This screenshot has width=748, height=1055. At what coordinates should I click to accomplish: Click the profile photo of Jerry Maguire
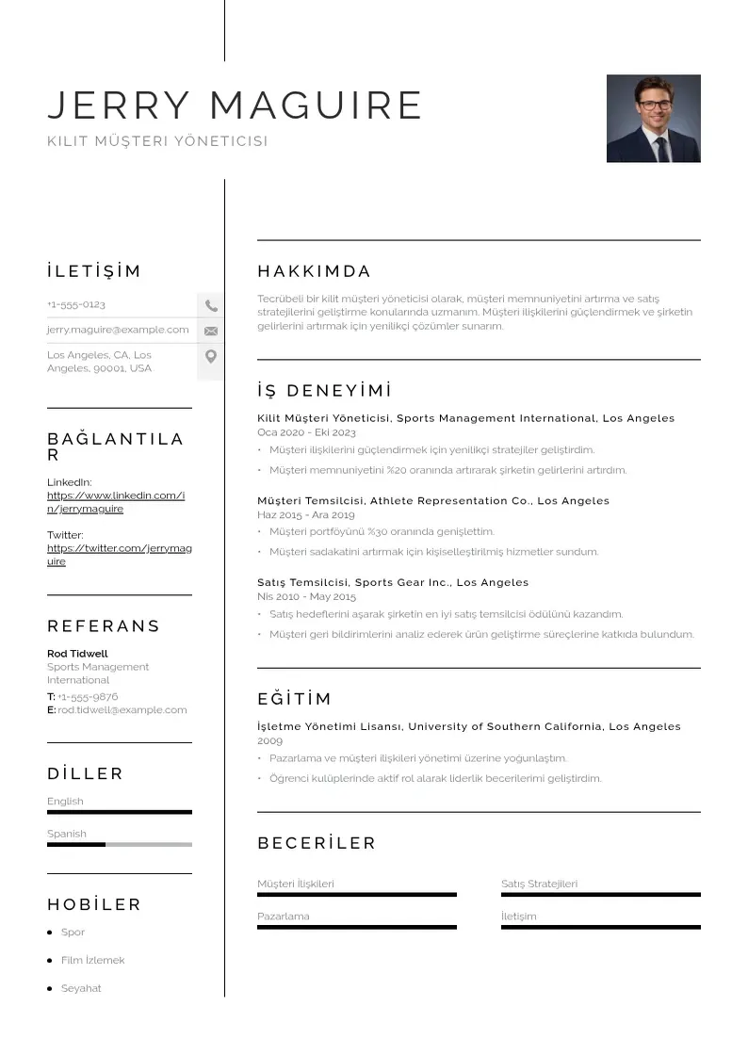pyautogui.click(x=653, y=119)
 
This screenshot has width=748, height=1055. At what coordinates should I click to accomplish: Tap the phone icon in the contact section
pyautogui.click(x=211, y=305)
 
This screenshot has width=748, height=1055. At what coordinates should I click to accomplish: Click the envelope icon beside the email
pyautogui.click(x=211, y=331)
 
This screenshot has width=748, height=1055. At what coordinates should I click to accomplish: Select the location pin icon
pyautogui.click(x=211, y=357)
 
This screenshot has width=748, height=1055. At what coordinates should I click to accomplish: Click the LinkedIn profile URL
pyautogui.click(x=115, y=502)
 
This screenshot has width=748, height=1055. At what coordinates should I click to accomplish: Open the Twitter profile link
pyautogui.click(x=119, y=555)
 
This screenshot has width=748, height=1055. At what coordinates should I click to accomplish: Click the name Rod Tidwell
pyautogui.click(x=77, y=654)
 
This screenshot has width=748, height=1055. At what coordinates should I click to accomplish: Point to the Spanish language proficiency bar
pyautogui.click(x=119, y=844)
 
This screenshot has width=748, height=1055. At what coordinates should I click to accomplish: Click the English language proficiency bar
pyautogui.click(x=119, y=812)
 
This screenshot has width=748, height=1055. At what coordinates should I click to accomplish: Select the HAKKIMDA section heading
pyautogui.click(x=315, y=272)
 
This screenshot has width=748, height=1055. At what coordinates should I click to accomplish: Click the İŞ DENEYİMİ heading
pyautogui.click(x=324, y=391)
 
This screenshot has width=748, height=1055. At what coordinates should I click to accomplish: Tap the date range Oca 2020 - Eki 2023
pyautogui.click(x=306, y=432)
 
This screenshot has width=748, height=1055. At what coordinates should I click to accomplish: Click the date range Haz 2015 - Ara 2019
pyautogui.click(x=305, y=515)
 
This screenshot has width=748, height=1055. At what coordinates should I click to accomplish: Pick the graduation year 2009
pyautogui.click(x=269, y=741)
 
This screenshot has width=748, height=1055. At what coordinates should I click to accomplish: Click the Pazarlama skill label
pyautogui.click(x=283, y=917)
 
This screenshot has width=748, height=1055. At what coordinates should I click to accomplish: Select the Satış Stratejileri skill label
pyautogui.click(x=539, y=885)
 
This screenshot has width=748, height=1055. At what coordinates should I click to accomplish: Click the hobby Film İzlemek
pyautogui.click(x=92, y=961)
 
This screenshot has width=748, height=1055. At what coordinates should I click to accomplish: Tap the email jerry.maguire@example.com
pyautogui.click(x=118, y=331)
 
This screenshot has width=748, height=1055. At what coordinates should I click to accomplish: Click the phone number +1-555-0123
pyautogui.click(x=76, y=305)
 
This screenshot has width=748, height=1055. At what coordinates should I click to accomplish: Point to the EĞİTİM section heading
pyautogui.click(x=295, y=700)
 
